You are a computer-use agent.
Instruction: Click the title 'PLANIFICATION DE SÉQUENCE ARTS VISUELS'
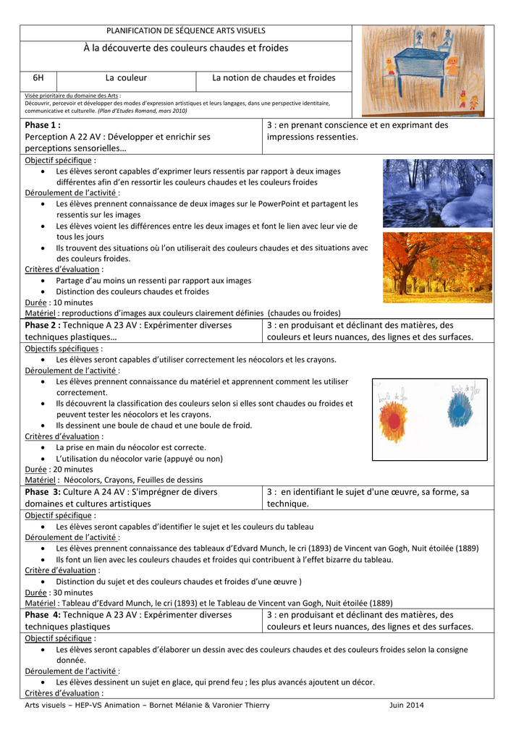(186, 31)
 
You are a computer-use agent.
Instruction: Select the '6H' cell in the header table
(38, 77)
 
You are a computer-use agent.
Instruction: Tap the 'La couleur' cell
(126, 77)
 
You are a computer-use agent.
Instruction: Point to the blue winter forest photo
(437, 193)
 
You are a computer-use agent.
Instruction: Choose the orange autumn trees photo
(437, 267)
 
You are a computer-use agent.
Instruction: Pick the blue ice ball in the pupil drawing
(460, 411)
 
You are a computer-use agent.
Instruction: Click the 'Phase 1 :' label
(43, 125)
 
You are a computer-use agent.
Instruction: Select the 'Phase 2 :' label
(43, 326)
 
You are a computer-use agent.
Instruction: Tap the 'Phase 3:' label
(43, 492)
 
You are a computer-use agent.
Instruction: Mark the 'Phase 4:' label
(43, 615)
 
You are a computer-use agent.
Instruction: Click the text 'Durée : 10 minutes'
(59, 302)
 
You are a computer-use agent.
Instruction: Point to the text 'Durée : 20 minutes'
(59, 469)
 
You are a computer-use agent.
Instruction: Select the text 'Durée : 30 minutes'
(59, 592)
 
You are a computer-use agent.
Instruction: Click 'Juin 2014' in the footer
(406, 705)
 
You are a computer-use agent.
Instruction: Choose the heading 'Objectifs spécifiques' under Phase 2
(62, 349)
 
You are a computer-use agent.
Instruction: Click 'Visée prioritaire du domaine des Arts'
(72, 96)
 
